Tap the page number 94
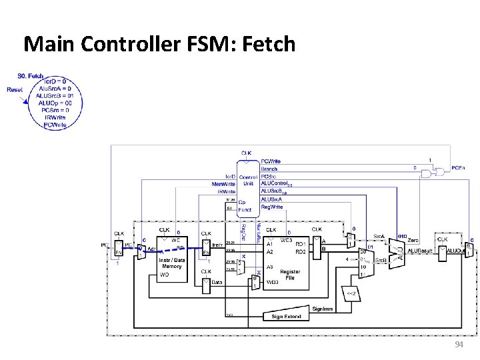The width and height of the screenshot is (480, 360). (x=458, y=344)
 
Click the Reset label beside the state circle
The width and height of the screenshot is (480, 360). (x=15, y=89)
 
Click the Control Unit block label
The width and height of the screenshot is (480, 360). (x=248, y=180)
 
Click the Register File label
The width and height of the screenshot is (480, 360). (x=290, y=274)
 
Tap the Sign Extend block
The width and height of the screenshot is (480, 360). (x=286, y=317)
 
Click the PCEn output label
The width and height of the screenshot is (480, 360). (x=458, y=167)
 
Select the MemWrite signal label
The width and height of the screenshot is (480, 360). (x=223, y=183)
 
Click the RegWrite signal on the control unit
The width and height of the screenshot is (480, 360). (x=271, y=207)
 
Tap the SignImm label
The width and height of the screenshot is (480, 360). (x=323, y=309)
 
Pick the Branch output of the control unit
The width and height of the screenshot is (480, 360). (x=269, y=169)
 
